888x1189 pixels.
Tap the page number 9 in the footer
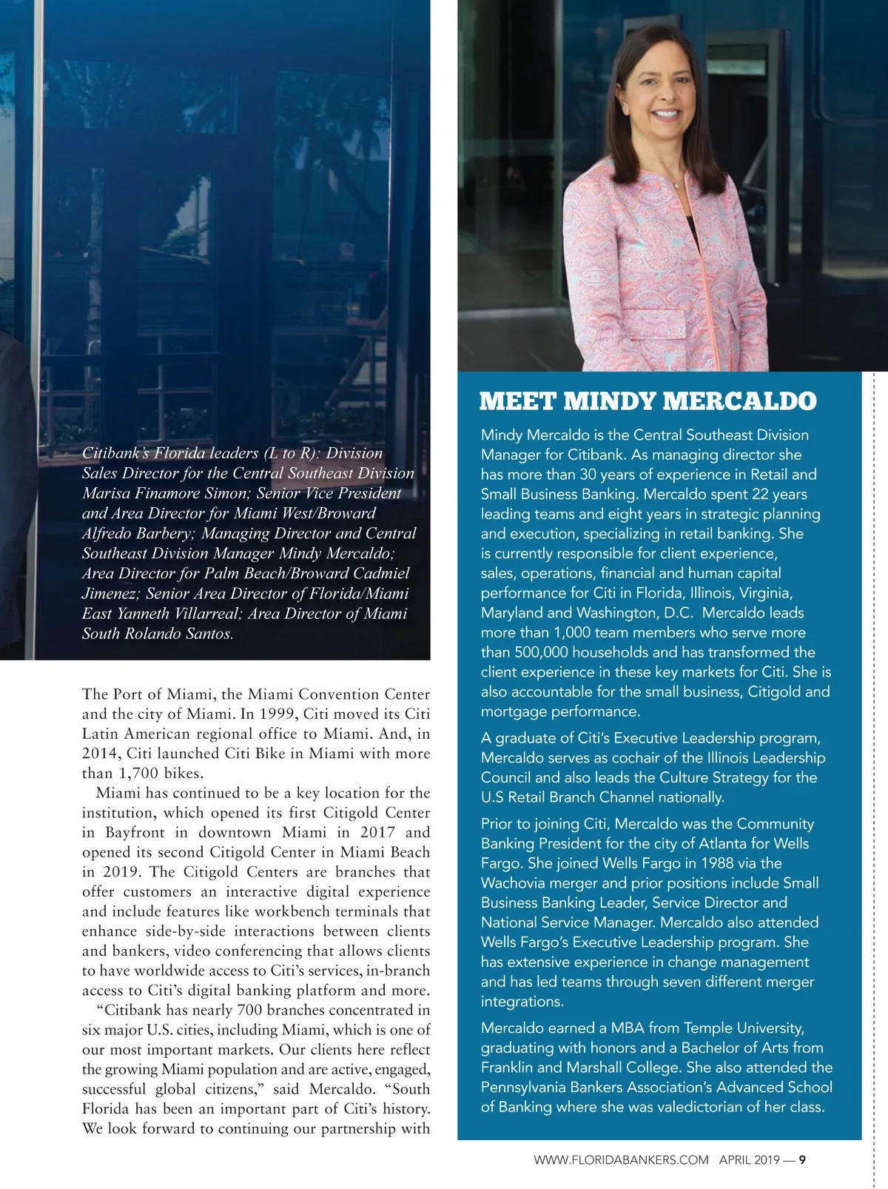(802, 1160)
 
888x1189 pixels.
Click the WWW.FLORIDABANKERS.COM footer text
(621, 1160)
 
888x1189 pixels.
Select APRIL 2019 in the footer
(749, 1160)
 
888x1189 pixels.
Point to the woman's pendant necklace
(676, 185)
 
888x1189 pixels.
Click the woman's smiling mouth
(666, 115)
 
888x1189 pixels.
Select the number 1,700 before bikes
(141, 774)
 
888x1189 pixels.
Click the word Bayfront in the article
(143, 833)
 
